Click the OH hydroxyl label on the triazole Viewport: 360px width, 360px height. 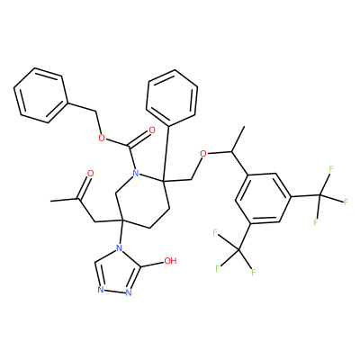click(170, 261)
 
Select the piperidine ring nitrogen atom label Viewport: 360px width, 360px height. click(136, 173)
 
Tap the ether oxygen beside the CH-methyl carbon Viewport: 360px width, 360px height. click(203, 154)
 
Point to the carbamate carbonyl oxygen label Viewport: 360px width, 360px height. click(152, 130)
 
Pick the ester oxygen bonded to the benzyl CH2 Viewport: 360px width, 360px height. click(103, 138)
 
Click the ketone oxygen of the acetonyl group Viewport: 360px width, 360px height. click(90, 174)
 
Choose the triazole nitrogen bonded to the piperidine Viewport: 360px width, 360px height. click(119, 247)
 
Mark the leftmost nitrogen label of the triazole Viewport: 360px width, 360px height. click(101, 290)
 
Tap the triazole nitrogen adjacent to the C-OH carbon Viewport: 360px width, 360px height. click(129, 292)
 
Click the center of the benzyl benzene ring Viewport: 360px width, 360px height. click(41, 95)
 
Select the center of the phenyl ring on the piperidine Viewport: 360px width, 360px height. click(172, 98)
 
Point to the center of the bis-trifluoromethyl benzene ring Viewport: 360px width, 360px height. click(263, 199)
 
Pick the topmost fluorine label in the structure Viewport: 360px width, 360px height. click(331, 169)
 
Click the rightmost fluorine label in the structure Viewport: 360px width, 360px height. click(346, 202)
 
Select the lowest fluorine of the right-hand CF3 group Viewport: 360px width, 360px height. click(316, 222)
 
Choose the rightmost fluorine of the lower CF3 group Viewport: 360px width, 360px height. click(254, 273)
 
